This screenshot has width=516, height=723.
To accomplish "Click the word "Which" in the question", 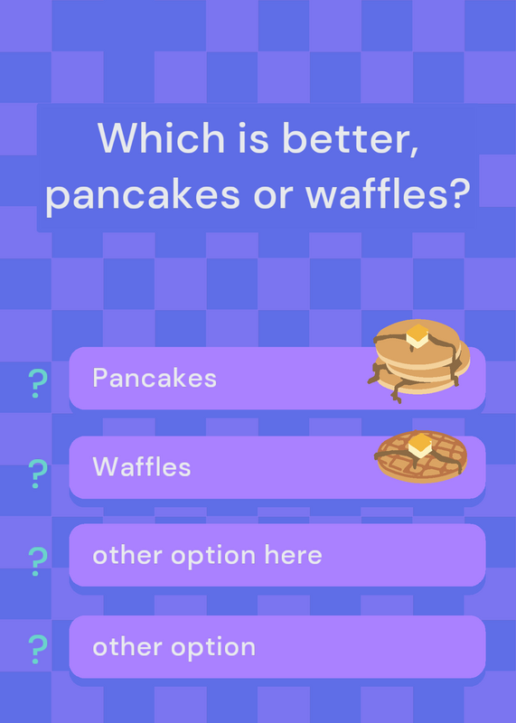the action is pos(161,137).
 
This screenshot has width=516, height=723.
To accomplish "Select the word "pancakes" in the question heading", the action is pos(143,194).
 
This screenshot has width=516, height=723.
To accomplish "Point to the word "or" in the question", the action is pos(273,197).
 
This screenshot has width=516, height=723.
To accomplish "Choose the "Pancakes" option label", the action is pos(155,378).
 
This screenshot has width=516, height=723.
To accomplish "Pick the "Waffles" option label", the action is pos(142,466).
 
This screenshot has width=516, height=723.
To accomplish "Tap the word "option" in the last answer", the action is pos(213,648).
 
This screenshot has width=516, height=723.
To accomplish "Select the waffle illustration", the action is pos(421,456).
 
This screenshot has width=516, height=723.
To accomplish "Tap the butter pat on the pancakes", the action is pos(417,335).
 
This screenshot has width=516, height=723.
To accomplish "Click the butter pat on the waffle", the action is pos(420,446).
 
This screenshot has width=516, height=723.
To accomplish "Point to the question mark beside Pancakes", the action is pos(38,383).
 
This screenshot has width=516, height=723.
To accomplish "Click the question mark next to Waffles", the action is pos(38,474).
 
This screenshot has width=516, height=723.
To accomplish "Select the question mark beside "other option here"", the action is pos(38,561).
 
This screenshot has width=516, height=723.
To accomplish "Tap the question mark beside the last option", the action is pos(38,649).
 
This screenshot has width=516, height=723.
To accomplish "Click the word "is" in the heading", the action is pos(253,138).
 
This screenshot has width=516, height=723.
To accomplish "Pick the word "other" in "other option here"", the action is pos(127,555).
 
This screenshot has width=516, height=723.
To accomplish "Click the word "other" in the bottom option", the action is pos(127,647).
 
